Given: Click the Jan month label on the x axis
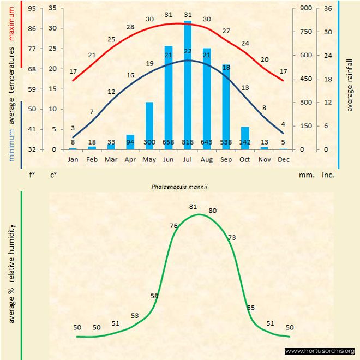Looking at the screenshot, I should coord(73,159).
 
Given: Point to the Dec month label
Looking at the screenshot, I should coord(283,159).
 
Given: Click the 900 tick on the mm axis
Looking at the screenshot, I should coord(305,8).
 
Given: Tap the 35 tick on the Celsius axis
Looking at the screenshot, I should coord(52,8).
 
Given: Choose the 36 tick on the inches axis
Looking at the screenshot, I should coord(328,8).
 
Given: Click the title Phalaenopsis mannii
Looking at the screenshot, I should coord(180,186).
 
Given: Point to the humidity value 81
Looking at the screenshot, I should coord(193,207).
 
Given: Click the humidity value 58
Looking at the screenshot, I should coord(154,296).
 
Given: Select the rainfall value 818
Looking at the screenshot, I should coord(188,142).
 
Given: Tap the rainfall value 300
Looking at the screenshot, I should coord(149,142).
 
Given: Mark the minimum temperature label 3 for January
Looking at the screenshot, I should coord(73,128).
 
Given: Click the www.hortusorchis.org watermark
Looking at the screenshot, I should coord(320,351).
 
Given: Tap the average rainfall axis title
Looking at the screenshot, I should coord(350,82).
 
